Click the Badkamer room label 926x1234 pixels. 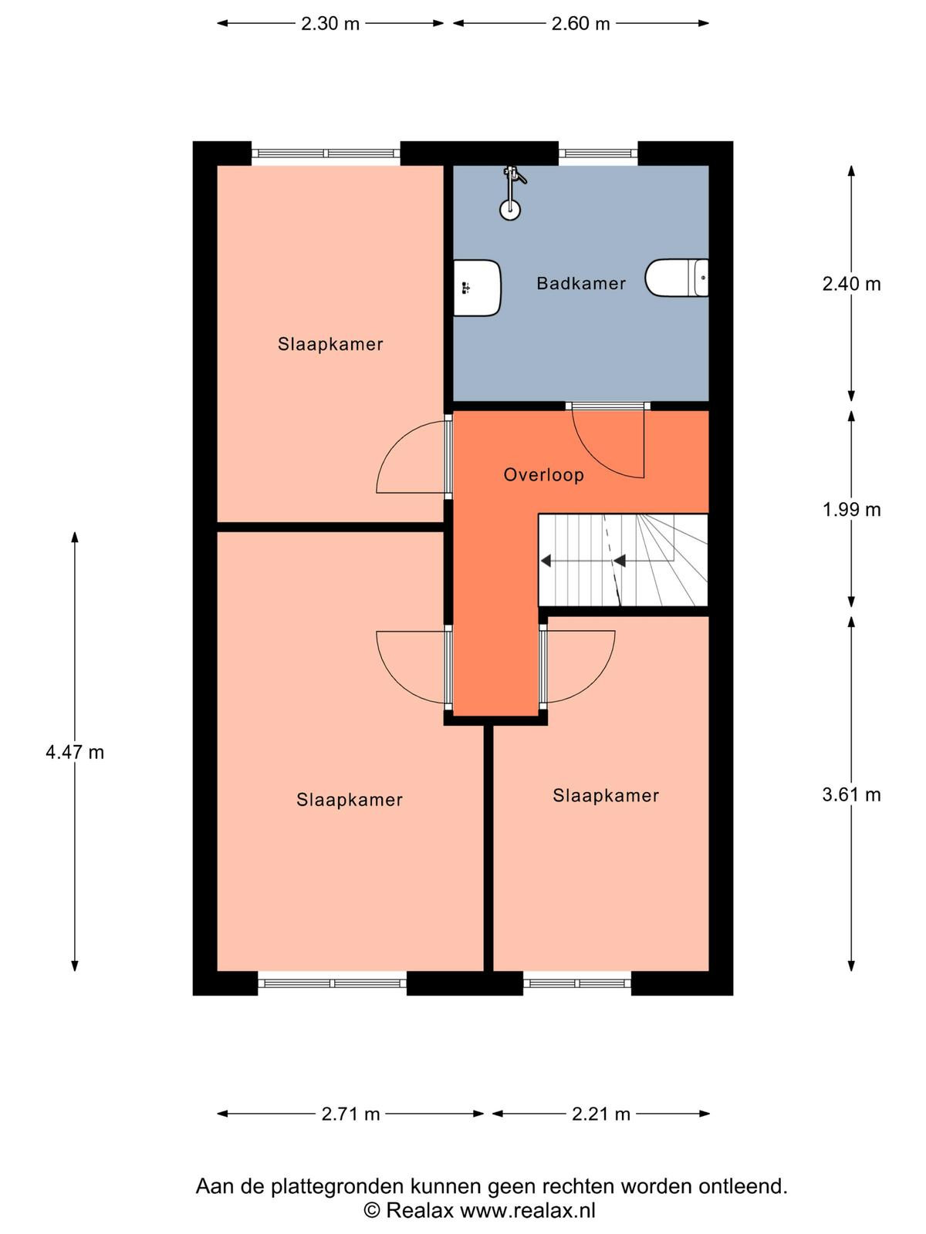click(581, 283)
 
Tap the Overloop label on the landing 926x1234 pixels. click(544, 475)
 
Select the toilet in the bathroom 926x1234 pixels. click(677, 278)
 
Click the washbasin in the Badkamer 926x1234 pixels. click(477, 288)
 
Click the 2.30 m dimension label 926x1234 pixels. click(330, 24)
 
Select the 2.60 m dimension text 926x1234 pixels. click(581, 24)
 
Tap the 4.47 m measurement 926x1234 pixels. click(75, 752)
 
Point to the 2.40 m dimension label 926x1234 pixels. click(851, 284)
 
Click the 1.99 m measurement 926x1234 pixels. click(851, 509)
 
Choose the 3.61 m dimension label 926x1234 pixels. click(851, 794)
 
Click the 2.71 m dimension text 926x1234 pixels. click(351, 1114)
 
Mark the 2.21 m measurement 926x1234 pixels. click(601, 1114)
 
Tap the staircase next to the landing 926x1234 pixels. click(623, 560)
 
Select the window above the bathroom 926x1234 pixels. click(598, 153)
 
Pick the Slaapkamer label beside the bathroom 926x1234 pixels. click(330, 344)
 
